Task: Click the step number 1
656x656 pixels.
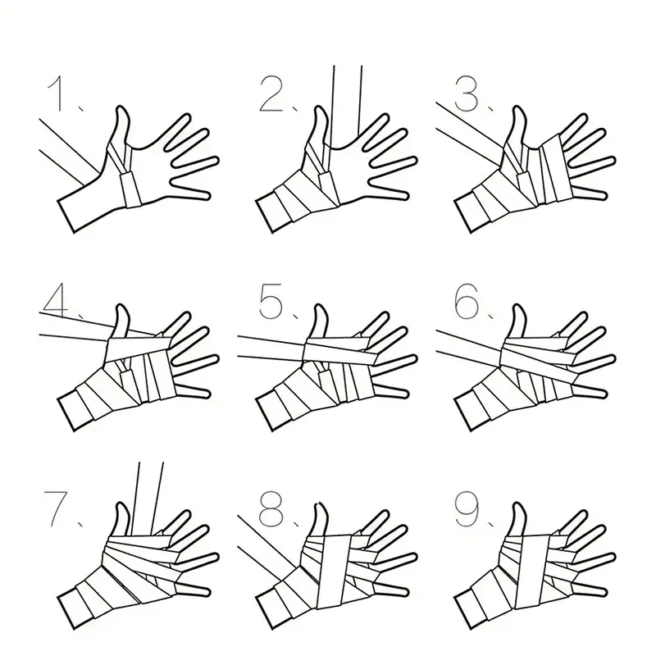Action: pyautogui.click(x=56, y=93)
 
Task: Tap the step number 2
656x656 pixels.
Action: pyautogui.click(x=271, y=94)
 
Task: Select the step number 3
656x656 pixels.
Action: pyautogui.click(x=466, y=94)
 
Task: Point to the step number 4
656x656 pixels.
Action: pyautogui.click(x=55, y=299)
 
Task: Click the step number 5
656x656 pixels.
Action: pyautogui.click(x=271, y=300)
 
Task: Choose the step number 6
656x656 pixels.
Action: pyautogui.click(x=467, y=300)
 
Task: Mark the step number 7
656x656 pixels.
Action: pyautogui.click(x=56, y=508)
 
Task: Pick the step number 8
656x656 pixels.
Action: pyautogui.click(x=271, y=508)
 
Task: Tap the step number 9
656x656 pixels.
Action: pyautogui.click(x=467, y=508)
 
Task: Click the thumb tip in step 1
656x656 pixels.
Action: pyautogui.click(x=121, y=108)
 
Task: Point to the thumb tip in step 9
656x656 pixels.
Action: pyautogui.click(x=517, y=505)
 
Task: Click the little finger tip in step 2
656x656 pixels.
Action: pyautogui.click(x=404, y=195)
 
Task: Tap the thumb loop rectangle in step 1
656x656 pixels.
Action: pyautogui.click(x=130, y=190)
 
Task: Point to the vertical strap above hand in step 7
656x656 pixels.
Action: pyautogui.click(x=150, y=498)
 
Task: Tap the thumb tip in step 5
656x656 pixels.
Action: pyautogui.click(x=319, y=307)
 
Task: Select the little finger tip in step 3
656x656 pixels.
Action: pyautogui.click(x=603, y=195)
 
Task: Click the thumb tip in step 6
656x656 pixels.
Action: pyautogui.click(x=517, y=307)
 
